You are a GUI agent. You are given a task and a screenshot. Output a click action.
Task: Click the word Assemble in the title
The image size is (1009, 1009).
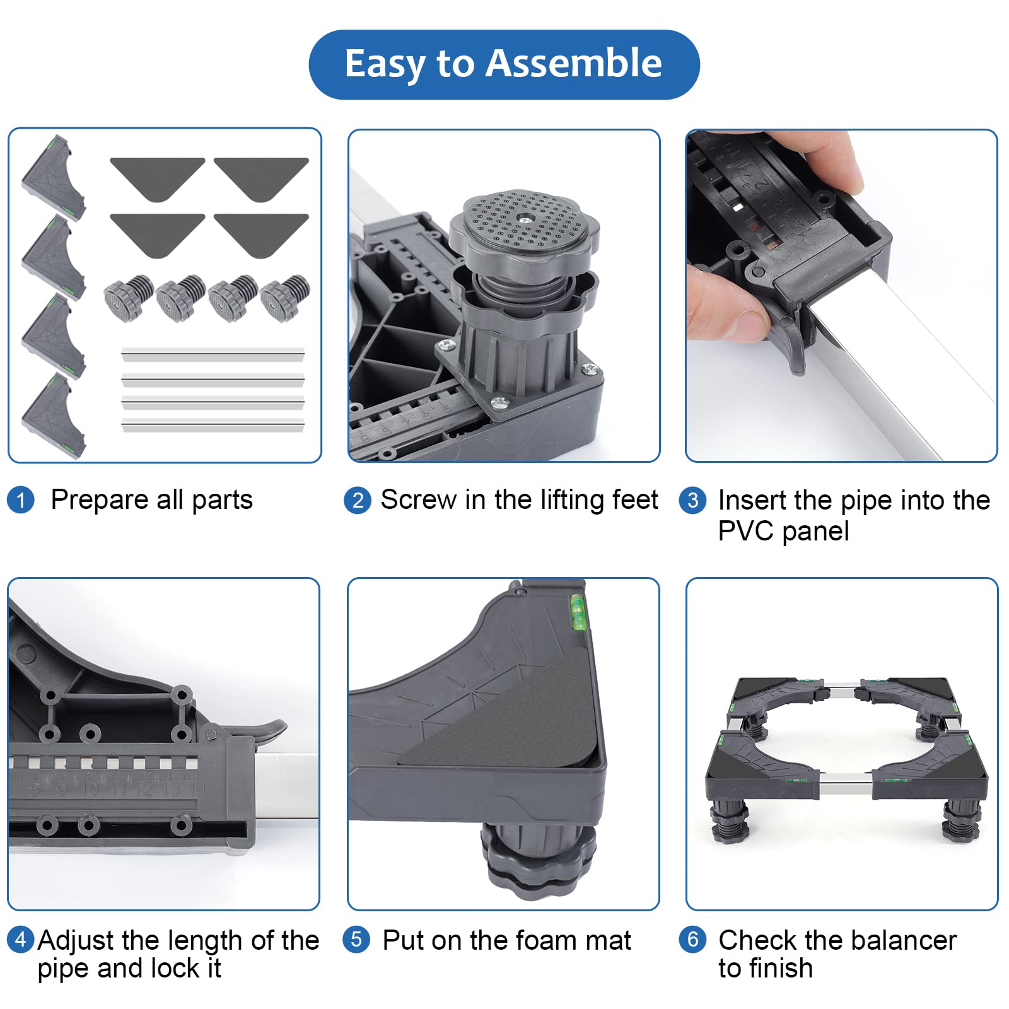click(574, 64)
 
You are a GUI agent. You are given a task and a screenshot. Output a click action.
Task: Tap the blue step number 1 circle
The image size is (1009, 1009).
click(20, 500)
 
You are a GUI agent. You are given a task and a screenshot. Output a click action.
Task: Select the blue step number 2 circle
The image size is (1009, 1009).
click(358, 500)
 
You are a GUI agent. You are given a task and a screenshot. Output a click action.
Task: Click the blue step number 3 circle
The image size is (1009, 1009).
click(692, 500)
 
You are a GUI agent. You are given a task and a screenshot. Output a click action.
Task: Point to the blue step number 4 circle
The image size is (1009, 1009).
click(20, 940)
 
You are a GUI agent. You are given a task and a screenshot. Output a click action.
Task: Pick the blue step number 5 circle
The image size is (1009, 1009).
click(356, 940)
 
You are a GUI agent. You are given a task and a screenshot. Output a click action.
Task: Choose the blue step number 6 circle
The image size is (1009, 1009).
click(692, 940)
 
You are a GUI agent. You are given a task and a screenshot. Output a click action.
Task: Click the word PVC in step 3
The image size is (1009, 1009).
click(745, 531)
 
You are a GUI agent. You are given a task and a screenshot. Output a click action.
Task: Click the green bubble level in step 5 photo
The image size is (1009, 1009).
click(578, 604)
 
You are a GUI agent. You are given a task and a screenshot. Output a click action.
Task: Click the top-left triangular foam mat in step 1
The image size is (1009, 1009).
click(157, 179)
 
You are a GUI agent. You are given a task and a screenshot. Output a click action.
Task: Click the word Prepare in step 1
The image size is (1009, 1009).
click(100, 501)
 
